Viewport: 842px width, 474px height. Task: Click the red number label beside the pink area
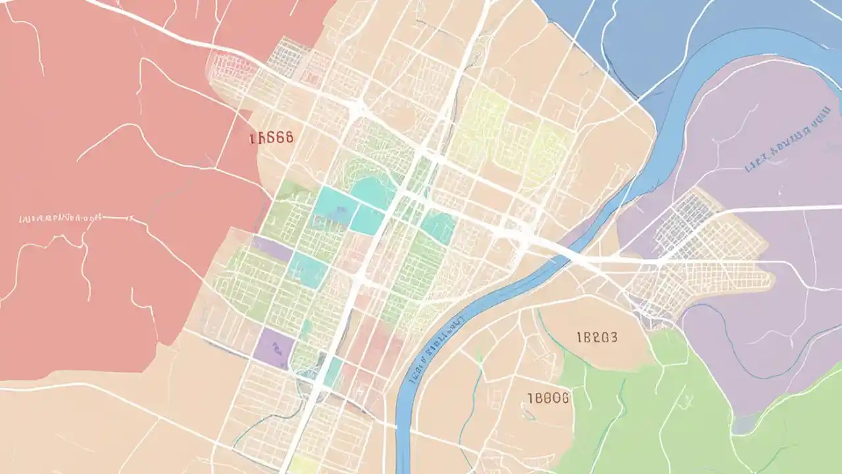coord(271,138)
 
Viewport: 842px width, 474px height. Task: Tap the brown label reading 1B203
coord(597,338)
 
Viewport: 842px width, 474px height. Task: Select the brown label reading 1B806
coord(549,398)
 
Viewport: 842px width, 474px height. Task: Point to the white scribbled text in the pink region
coord(61,217)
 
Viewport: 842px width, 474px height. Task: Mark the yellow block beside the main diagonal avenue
coord(304,464)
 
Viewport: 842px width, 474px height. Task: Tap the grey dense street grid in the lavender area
coord(684,221)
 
